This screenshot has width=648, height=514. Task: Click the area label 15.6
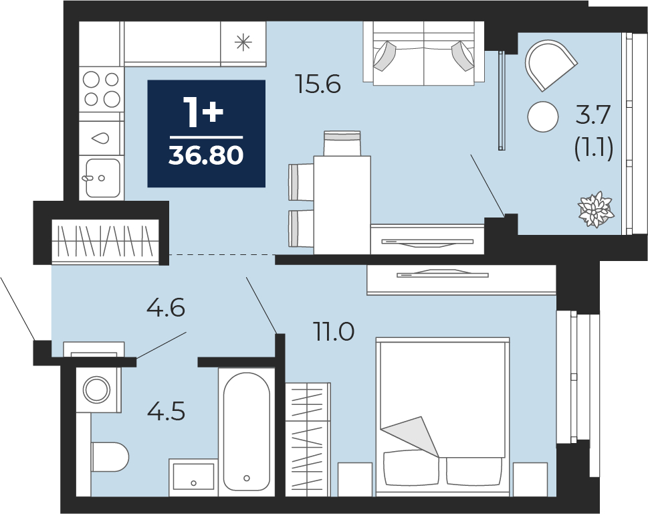point(318,84)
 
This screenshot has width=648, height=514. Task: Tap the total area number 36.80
point(206,156)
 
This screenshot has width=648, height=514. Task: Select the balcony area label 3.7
point(593,115)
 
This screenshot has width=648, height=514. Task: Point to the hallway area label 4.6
point(166,308)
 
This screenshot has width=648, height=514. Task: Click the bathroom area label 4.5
point(166,412)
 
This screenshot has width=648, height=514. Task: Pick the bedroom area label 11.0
point(334,332)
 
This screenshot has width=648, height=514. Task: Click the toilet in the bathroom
point(110,456)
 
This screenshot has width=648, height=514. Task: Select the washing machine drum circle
point(97,389)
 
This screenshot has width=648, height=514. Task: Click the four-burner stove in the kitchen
point(102,89)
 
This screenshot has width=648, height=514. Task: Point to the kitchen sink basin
point(103,178)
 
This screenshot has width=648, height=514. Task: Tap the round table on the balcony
point(543,116)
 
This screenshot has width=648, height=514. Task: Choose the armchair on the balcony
point(550,65)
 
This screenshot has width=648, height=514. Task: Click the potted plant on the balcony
point(596,209)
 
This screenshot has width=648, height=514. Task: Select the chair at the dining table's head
point(342,143)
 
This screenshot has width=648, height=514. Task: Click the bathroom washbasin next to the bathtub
point(193,477)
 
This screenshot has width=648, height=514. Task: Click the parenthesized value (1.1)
point(593,148)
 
